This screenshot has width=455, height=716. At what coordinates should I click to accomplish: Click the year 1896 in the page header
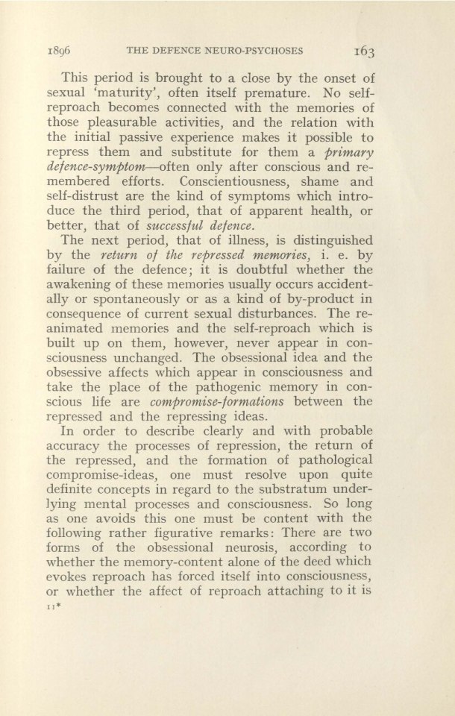pyautogui.click(x=92, y=51)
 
